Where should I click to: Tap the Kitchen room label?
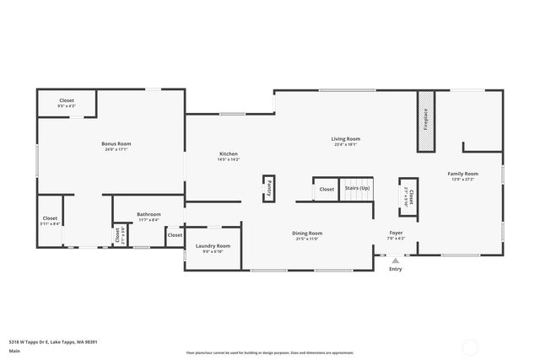point(229,153)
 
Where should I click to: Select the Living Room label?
point(346,138)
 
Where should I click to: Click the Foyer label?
point(396,233)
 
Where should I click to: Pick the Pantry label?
point(268,187)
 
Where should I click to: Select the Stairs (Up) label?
point(356,188)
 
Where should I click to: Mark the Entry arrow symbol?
point(396,261)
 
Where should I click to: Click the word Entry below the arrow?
point(396,269)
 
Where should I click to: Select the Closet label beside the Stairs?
point(327,189)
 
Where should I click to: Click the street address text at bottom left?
point(53,341)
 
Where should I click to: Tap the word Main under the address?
point(14,351)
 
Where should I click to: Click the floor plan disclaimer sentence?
point(270,351)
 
